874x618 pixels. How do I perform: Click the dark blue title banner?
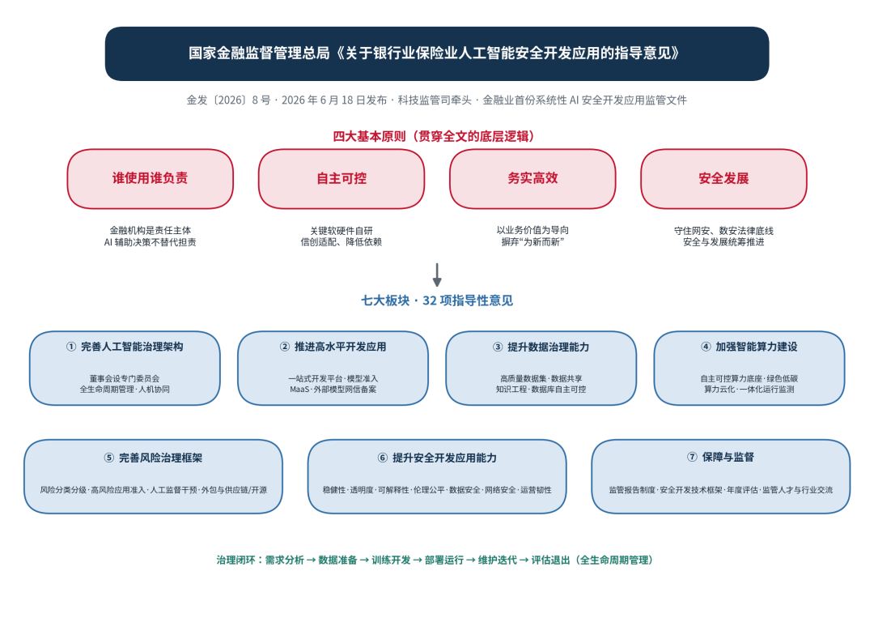pos(437,53)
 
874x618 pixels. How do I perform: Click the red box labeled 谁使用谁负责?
pos(150,178)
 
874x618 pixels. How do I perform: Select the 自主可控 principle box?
pos(342,178)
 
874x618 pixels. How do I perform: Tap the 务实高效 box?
pos(532,178)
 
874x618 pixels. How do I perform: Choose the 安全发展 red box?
pos(723,178)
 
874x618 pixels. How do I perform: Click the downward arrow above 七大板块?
pos(437,275)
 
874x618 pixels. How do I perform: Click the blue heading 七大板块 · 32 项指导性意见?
pos(437,300)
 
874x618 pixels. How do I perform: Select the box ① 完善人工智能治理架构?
pos(125,368)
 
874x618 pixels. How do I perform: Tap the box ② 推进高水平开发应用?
pos(333,368)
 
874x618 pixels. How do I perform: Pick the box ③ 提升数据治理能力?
pos(541,368)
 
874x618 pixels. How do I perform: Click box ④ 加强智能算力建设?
pos(749,368)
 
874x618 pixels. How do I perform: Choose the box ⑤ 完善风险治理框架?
pos(153,476)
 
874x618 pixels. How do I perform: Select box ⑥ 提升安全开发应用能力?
pos(437,476)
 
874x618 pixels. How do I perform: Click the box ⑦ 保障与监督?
pos(721,476)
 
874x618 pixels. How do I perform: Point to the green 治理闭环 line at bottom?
pos(435,560)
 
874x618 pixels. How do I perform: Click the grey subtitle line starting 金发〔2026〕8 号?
pos(436,100)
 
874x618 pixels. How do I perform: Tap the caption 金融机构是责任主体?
pos(150,230)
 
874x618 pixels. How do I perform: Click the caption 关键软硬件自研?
pos(342,230)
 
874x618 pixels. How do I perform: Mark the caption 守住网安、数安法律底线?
pos(723,230)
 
